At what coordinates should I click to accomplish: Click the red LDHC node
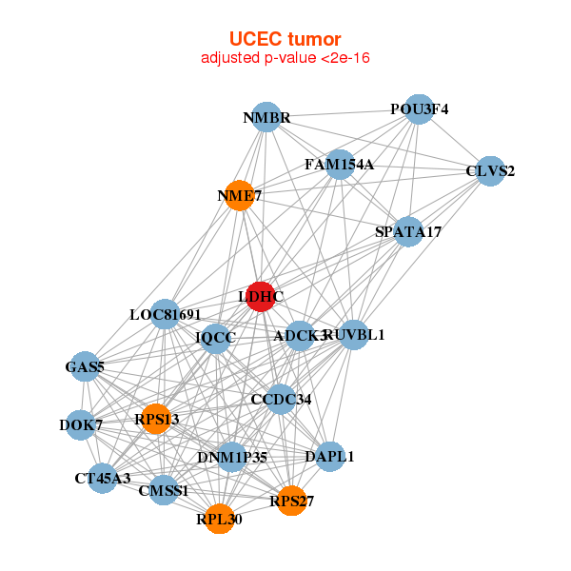coord(260,297)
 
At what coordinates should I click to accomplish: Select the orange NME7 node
coord(238,196)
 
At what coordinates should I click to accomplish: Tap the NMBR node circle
coord(266,117)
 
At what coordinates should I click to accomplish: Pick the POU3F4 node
coord(419,108)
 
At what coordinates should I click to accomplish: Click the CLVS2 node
coord(490,171)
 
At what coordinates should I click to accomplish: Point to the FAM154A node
coord(340,164)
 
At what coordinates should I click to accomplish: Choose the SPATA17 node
coord(408,231)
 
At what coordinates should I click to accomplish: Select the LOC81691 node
coord(165,314)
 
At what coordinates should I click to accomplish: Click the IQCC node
coord(216,337)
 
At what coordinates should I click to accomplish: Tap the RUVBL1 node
coord(354,334)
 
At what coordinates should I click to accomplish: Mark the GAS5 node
coord(84,366)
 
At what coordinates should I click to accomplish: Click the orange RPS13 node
coord(157,419)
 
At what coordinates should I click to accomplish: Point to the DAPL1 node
coord(329,457)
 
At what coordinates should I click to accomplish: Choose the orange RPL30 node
coord(220,519)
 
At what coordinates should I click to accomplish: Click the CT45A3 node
coord(103,478)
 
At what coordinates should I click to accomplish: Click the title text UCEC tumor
coord(285,39)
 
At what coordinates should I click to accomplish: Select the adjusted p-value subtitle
coord(285,58)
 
